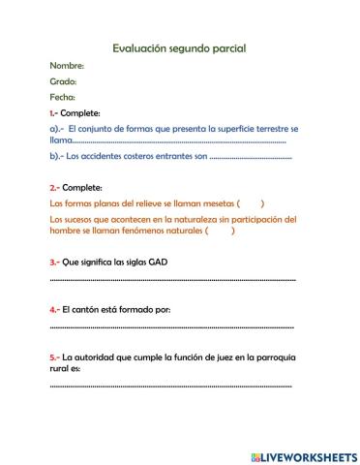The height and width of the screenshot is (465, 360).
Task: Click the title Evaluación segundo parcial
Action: [x=179, y=46]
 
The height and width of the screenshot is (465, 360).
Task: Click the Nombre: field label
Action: [x=67, y=66]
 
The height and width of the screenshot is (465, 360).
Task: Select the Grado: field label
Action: [x=63, y=81]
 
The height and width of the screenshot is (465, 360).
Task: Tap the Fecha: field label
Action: [x=63, y=97]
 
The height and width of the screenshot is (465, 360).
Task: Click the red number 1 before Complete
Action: [x=52, y=112]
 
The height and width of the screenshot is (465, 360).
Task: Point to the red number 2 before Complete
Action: [x=52, y=187]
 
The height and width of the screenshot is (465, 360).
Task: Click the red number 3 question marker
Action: [x=52, y=262]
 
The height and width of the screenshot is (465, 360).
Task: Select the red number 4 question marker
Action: [x=52, y=310]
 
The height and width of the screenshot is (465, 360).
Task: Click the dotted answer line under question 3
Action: [x=172, y=280]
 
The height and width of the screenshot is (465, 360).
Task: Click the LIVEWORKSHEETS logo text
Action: [x=304, y=455]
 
